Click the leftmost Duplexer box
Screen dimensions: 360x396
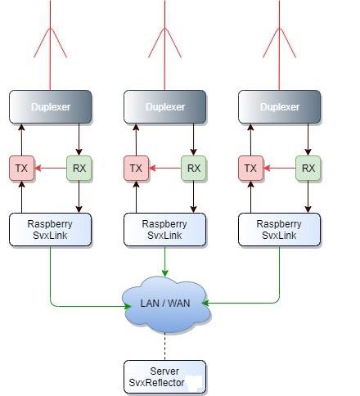(51, 107)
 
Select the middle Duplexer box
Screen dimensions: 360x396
(165, 107)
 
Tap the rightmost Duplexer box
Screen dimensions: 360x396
(280, 107)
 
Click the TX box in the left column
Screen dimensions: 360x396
(22, 169)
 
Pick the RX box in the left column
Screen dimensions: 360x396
(79, 169)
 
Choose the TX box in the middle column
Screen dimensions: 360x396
(137, 169)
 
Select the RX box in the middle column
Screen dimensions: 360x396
(194, 169)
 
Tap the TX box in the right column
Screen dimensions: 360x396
(251, 169)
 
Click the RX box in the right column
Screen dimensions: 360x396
(308, 169)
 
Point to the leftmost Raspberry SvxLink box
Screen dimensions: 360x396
(51, 230)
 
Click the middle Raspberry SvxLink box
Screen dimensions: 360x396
(165, 230)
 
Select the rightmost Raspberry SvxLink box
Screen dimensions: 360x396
(280, 230)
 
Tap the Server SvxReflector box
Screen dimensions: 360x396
(165, 377)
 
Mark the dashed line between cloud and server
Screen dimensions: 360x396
(165, 347)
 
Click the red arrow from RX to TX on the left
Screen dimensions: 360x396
(51, 169)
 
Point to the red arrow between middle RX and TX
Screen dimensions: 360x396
(165, 169)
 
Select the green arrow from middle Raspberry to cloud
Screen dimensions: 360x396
(165, 261)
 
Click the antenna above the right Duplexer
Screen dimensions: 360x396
(279, 45)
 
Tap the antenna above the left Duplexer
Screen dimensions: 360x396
(50, 45)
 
